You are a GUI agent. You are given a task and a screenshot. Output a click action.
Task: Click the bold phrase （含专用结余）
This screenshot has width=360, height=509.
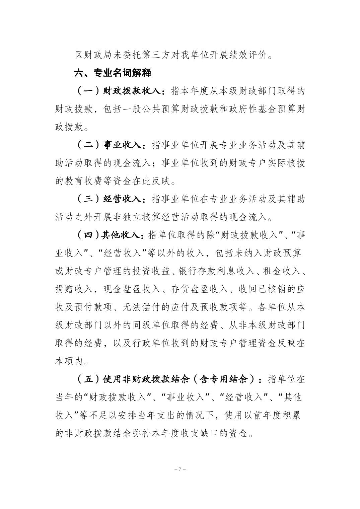point(228,379)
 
